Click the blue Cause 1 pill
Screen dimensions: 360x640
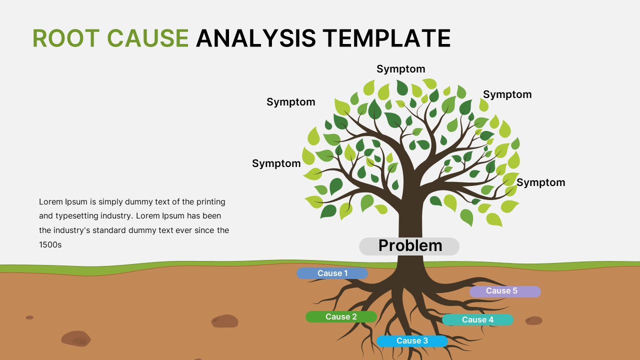pos(332,273)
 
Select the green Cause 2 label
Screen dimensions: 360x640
pos(341,316)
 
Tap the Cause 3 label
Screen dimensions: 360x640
pos(412,341)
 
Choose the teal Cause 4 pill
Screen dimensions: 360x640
pos(477,320)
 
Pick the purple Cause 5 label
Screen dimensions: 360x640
pos(505,291)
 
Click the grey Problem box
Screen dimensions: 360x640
pos(409,246)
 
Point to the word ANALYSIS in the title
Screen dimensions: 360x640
pos(255,38)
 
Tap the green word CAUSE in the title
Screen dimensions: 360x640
pos(148,38)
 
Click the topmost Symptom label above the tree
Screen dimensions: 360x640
pos(400,69)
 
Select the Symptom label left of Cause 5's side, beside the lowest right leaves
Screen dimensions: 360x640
pos(540,182)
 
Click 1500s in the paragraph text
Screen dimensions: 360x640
pos(50,245)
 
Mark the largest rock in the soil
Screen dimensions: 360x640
pos(76,338)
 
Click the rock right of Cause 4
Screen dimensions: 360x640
pos(533,320)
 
